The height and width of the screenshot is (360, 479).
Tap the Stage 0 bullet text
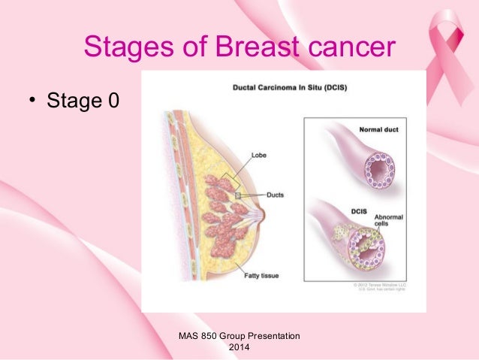(83, 99)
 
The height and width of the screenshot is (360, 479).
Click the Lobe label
(260, 158)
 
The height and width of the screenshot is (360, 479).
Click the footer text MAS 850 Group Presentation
(239, 334)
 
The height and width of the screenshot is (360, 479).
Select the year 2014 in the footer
(239, 348)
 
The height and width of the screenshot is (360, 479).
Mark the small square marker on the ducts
(236, 195)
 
